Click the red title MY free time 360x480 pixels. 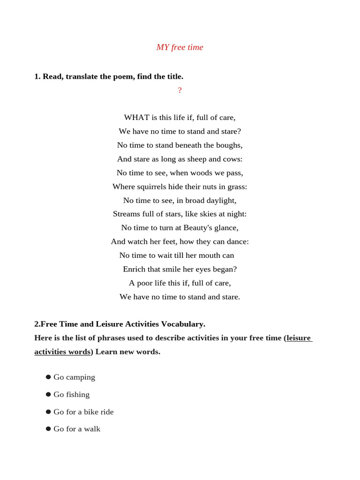point(180,47)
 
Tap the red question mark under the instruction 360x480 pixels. point(180,90)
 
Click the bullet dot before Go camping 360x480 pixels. point(48,377)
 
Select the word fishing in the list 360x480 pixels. point(78,395)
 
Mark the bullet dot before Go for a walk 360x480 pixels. point(48,429)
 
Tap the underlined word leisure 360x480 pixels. point(299,338)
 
